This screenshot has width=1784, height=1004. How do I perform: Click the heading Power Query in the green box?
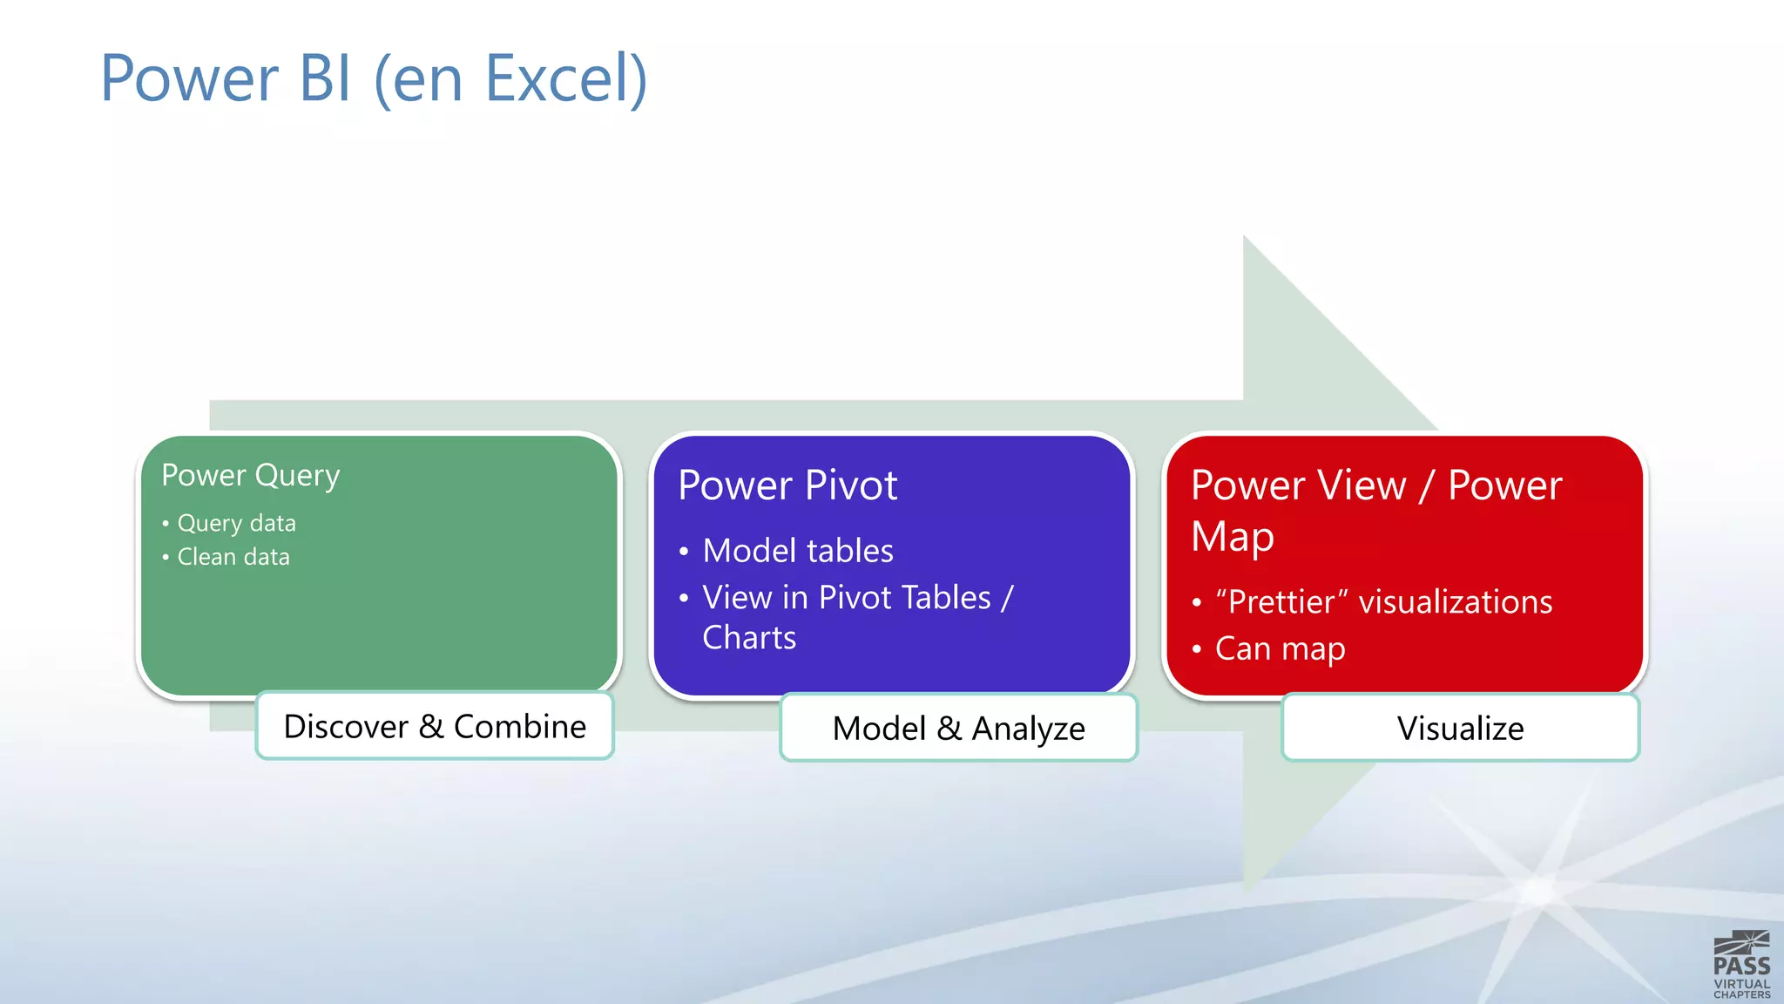(251, 476)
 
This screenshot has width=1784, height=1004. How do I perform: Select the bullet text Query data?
(236, 523)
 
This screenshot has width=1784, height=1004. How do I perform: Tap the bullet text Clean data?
(233, 557)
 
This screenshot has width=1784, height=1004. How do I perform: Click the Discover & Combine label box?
(435, 726)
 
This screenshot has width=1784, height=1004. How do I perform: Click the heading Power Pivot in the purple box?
(787, 485)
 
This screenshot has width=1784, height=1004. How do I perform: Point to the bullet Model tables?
(798, 551)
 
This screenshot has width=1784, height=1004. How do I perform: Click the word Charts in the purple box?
(749, 638)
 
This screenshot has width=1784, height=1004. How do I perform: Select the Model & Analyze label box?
(958, 728)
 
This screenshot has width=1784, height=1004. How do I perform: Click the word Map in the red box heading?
(1233, 537)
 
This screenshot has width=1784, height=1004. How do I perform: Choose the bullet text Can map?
(1280, 649)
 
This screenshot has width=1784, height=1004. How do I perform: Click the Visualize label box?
(1460, 728)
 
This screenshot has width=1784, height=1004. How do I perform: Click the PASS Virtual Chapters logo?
(1741, 965)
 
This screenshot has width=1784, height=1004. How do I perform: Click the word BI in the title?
(325, 78)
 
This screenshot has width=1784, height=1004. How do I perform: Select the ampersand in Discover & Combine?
(431, 726)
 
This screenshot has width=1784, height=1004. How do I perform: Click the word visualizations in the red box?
(1456, 602)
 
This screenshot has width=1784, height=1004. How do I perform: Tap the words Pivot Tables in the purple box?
(905, 598)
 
